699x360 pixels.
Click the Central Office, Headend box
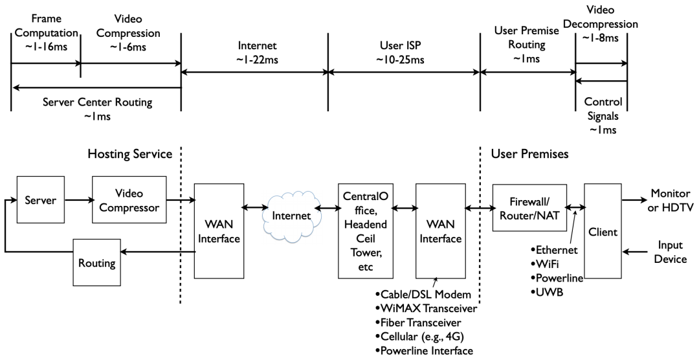[x=367, y=230]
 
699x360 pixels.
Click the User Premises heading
[x=530, y=155]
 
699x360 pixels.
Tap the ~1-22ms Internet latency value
[x=254, y=60]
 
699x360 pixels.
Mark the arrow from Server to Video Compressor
[x=78, y=199]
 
